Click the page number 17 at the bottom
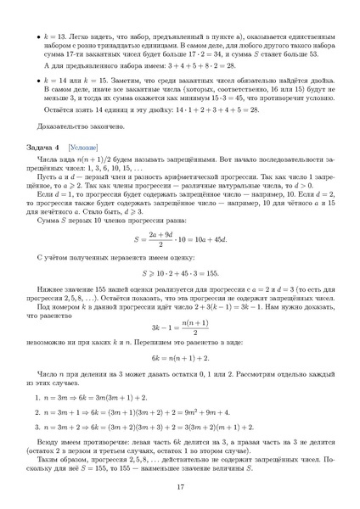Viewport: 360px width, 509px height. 180,486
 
